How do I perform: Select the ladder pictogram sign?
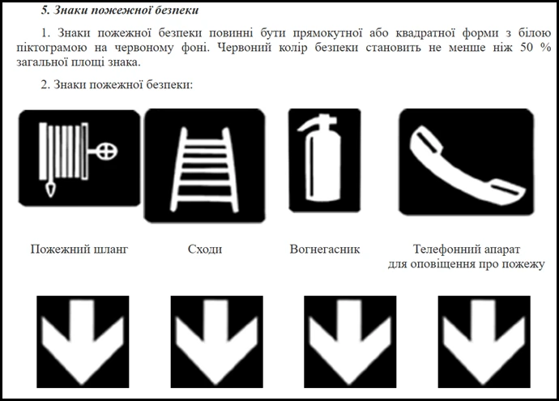[203, 165]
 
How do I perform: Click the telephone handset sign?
[466, 162]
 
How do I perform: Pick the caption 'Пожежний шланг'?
[79, 250]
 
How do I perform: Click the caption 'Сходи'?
[204, 250]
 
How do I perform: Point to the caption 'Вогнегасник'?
[324, 250]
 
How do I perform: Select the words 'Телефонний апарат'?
[467, 250]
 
